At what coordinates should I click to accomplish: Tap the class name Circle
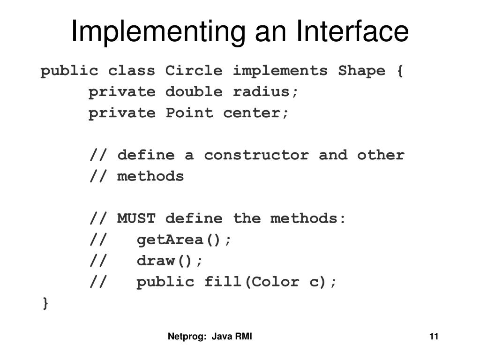(x=194, y=71)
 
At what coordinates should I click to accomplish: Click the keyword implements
(x=280, y=71)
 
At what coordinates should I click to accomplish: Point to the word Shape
(x=361, y=71)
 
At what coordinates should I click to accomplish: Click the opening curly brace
(x=399, y=71)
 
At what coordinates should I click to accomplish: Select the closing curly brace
(x=45, y=303)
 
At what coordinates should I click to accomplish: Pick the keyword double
(x=194, y=92)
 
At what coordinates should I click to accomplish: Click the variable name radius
(x=265, y=92)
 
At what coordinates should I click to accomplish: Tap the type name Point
(x=189, y=113)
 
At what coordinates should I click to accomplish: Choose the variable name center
(x=256, y=113)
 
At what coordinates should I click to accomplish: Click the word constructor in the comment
(x=256, y=155)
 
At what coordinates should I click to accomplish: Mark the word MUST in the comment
(x=136, y=218)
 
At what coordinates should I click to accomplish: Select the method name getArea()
(x=184, y=240)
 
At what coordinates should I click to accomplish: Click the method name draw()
(x=170, y=261)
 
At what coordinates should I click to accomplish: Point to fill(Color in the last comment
(x=246, y=282)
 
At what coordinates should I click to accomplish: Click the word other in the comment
(x=380, y=155)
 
